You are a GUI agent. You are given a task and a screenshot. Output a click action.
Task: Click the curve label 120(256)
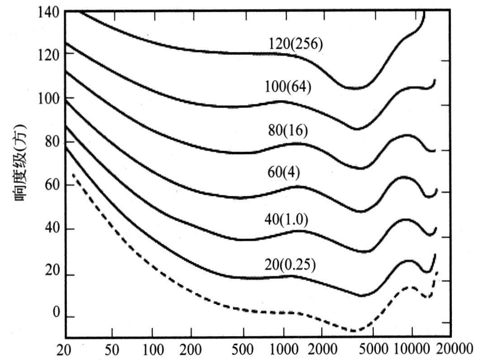[x=295, y=44]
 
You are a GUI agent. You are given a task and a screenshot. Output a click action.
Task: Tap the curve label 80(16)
[x=288, y=130]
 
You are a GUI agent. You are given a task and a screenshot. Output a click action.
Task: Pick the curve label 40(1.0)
[x=286, y=220]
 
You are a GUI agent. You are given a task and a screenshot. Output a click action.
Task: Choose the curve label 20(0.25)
[x=290, y=264]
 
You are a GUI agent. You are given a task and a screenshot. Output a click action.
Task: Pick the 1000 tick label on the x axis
[x=283, y=350]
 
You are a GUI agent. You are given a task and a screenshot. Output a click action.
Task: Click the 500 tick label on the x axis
[x=243, y=350]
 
